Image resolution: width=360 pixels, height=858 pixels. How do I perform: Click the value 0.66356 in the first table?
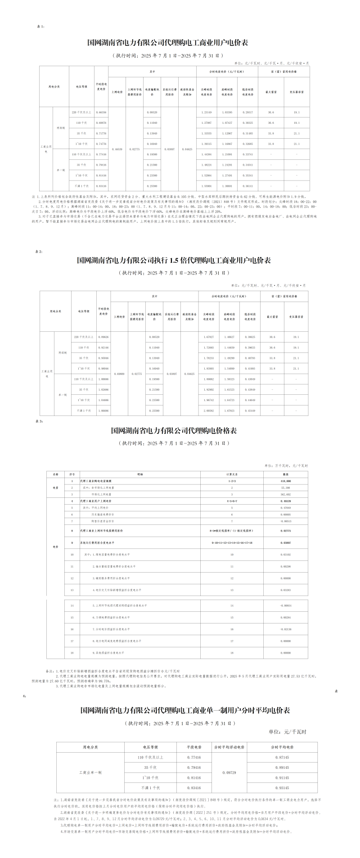[101, 112]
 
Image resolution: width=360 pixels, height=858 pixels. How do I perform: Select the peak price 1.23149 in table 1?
[206, 112]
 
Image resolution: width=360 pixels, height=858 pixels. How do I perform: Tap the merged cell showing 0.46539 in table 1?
[117, 149]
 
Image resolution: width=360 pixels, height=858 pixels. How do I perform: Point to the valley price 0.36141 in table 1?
[247, 185]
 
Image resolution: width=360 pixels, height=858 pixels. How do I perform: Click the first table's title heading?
[167, 43]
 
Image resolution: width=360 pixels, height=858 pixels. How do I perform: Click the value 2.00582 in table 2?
[209, 411]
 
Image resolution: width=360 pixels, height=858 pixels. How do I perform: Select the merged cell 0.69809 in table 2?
[119, 374]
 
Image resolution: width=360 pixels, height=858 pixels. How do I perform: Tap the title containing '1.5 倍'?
[174, 261]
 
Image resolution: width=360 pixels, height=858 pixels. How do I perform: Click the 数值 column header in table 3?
[285, 474]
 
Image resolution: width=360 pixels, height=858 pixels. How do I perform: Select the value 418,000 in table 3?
[285, 481]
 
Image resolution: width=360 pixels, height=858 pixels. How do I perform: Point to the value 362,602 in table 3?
[285, 494]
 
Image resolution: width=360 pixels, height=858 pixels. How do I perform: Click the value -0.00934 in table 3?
[285, 605]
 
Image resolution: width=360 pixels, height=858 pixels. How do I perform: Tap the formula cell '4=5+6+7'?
[232, 501]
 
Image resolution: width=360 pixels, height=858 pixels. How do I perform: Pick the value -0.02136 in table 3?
[285, 629]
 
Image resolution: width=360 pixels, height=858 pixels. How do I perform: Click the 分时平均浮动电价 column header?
[229, 747]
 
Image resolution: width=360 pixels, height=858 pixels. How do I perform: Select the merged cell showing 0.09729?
[229, 772]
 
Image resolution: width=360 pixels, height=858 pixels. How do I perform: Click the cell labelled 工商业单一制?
[90, 772]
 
